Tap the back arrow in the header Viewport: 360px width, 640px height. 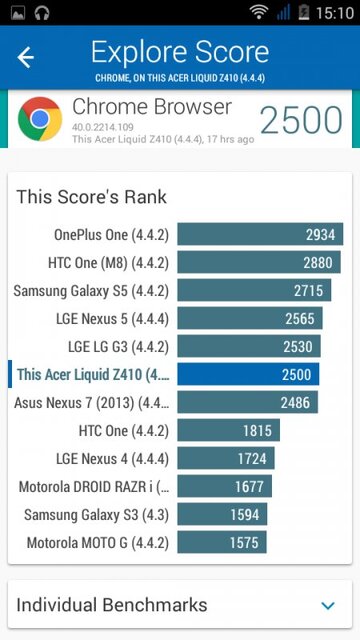tap(26, 57)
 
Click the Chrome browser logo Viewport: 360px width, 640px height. tap(40, 119)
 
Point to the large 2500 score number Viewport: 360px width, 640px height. tap(301, 120)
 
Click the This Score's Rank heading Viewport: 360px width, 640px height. tap(91, 197)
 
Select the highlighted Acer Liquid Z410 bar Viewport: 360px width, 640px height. tap(248, 375)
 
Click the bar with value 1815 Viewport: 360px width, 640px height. tap(228, 431)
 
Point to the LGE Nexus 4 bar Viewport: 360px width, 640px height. tap(225, 459)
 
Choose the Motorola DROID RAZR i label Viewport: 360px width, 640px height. tap(94, 487)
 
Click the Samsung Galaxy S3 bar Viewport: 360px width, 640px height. tap(222, 515)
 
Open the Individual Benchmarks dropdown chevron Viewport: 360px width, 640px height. tap(327, 605)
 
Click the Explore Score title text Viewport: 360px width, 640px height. tap(180, 52)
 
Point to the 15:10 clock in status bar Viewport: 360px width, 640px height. tap(333, 13)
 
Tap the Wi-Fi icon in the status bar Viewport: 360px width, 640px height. tap(259, 13)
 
